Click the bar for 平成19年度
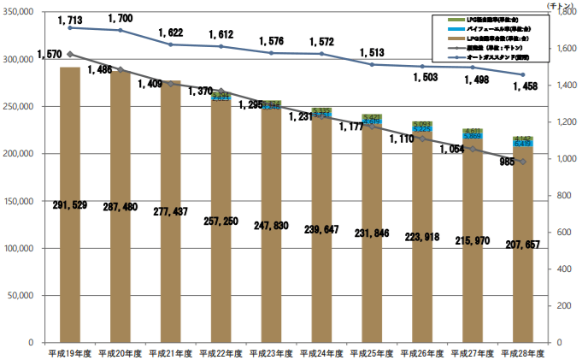70,205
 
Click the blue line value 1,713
72,18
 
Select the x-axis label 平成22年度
220,351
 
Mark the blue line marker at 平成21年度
171,44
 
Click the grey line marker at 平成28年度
522,161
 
